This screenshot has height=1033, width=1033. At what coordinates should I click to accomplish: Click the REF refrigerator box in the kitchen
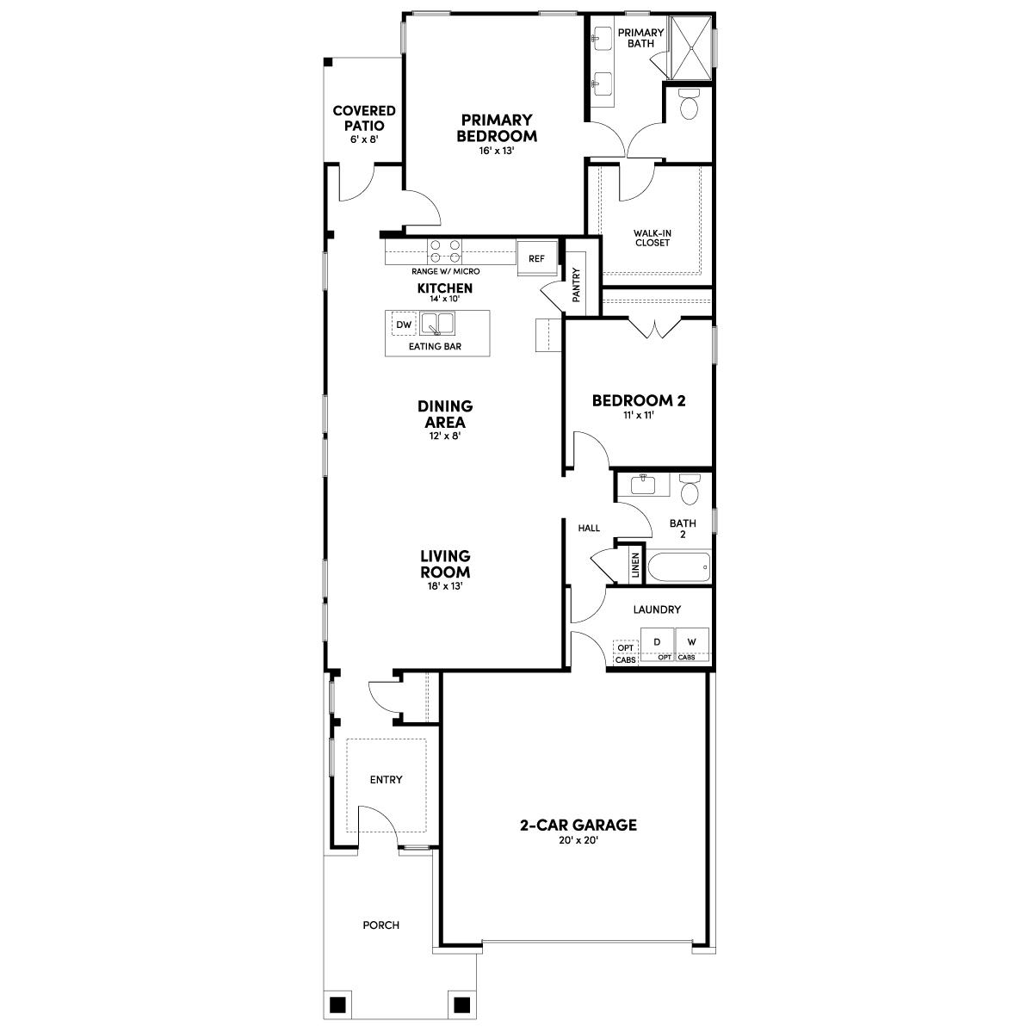(x=536, y=258)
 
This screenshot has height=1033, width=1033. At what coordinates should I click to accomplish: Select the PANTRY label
(x=576, y=284)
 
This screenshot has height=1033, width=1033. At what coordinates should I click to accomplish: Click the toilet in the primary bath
(x=690, y=105)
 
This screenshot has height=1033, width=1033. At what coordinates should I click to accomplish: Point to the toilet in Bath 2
(x=690, y=490)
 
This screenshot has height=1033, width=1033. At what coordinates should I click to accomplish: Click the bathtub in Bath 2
(x=680, y=566)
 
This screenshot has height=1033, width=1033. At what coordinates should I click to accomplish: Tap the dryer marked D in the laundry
(x=657, y=641)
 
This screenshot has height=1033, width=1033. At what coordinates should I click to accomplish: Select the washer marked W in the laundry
(x=692, y=641)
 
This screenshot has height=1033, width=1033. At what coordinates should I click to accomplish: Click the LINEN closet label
(x=635, y=565)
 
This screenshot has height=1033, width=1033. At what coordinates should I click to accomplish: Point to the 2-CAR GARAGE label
(x=578, y=826)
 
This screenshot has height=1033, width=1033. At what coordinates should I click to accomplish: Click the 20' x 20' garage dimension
(x=578, y=841)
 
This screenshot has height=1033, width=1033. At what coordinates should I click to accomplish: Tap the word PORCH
(x=380, y=925)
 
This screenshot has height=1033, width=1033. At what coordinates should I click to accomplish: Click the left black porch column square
(x=337, y=1005)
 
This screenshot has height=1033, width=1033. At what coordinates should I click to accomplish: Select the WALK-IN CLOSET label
(x=652, y=238)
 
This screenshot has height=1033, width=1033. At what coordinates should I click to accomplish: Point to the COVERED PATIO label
(x=364, y=118)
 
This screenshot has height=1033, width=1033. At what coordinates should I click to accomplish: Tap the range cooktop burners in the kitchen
(x=445, y=251)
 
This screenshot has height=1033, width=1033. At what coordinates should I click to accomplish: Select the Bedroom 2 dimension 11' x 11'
(x=638, y=416)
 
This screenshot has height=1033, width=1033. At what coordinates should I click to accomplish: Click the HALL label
(x=589, y=528)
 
